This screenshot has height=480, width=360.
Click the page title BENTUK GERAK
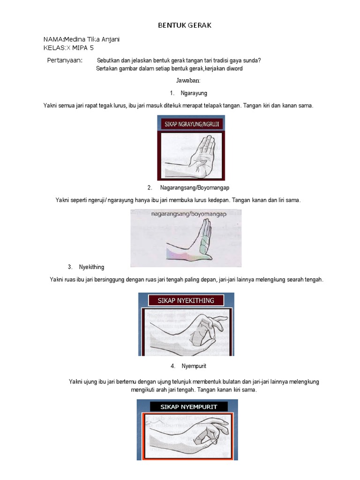[184, 25]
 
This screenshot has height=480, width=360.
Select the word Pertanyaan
[65, 60]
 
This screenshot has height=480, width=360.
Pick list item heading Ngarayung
[194, 93]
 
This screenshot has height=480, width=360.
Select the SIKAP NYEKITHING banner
[186, 300]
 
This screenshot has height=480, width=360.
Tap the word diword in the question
[233, 69]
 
